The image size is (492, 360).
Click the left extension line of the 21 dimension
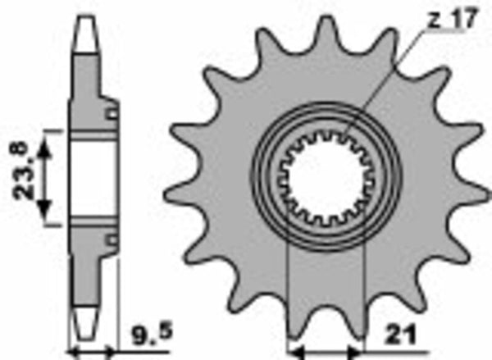pyautogui.click(x=289, y=303)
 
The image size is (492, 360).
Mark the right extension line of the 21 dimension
pyautogui.click(x=362, y=303)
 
